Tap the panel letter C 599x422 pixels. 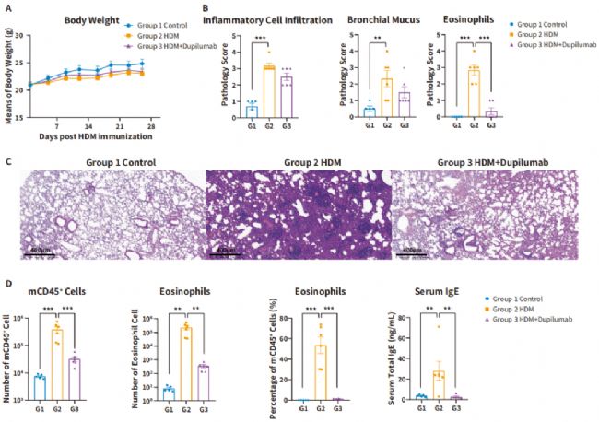(x=8, y=159)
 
